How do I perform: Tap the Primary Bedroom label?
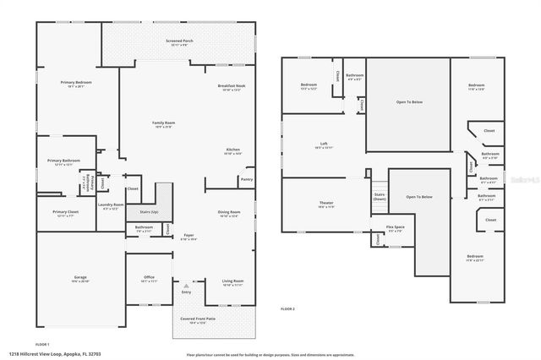tap(75, 82)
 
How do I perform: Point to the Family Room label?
tap(162, 123)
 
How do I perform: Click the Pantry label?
tap(246, 179)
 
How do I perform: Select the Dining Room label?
tap(230, 212)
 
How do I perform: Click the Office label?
tap(148, 278)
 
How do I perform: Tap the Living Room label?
tap(232, 281)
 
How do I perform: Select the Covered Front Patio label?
tap(198, 319)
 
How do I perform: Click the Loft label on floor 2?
tap(323, 144)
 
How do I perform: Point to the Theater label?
tap(325, 203)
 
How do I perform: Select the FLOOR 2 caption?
tap(289, 310)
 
